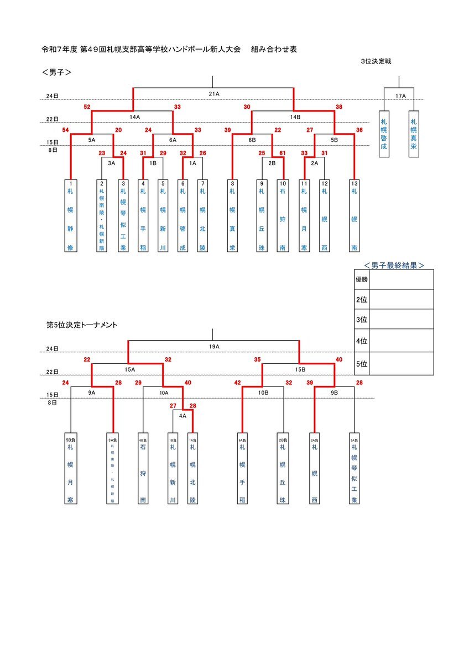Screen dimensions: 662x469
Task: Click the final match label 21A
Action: pos(214,94)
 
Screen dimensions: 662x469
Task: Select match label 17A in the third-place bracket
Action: pos(400,96)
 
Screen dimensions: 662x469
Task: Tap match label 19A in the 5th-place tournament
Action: pos(214,346)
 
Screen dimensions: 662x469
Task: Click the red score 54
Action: pos(66,130)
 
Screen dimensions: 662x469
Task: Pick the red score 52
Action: pos(87,107)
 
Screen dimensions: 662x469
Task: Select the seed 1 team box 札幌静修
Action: pos(71,215)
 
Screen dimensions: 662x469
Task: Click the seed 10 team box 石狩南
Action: pos(283,215)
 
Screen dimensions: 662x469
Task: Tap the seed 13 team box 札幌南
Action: pos(354,215)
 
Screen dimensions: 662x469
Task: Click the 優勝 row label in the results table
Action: pos(361,279)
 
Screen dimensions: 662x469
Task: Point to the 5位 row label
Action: pos(361,364)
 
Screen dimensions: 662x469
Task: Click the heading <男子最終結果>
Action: pos(394,265)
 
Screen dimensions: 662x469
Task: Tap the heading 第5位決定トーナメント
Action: pos(81,326)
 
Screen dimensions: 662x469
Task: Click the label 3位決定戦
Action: pos(376,61)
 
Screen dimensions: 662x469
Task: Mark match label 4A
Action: pos(183,415)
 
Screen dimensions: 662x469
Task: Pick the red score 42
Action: pos(238,383)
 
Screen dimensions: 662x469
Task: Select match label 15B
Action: pos(300,369)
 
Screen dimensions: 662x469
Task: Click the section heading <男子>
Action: pos(57,72)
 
